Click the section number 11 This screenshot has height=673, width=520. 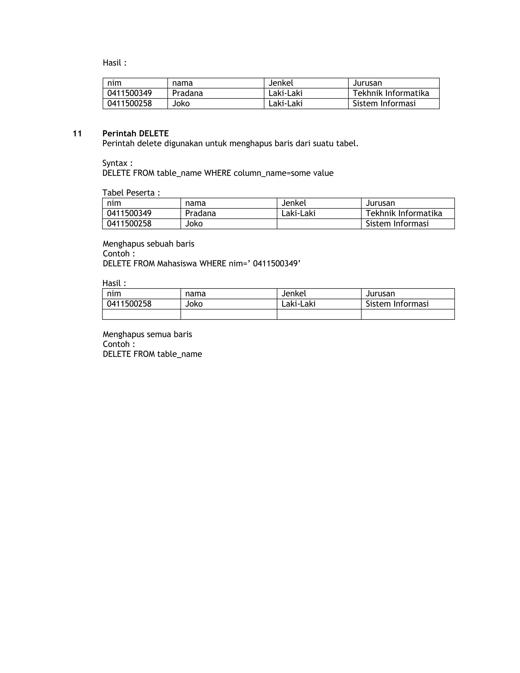pos(77,134)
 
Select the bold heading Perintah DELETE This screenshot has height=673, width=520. pos(136,134)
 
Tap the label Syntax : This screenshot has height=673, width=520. pos(117,163)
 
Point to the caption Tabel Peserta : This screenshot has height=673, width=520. pos(131,193)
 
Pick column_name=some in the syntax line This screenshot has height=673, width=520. pos(272,173)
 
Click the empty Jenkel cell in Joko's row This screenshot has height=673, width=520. pos(319,224)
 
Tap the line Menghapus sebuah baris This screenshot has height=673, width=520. pos(149,244)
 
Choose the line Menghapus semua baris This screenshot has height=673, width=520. pos(147,334)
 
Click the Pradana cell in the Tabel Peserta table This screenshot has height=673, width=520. pos(201,214)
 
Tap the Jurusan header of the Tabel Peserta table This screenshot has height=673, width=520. pos(380,203)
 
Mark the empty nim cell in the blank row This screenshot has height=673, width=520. pos(141,314)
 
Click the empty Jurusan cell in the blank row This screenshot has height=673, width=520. pos(408,314)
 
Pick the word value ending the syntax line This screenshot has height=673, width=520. pos(323,173)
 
